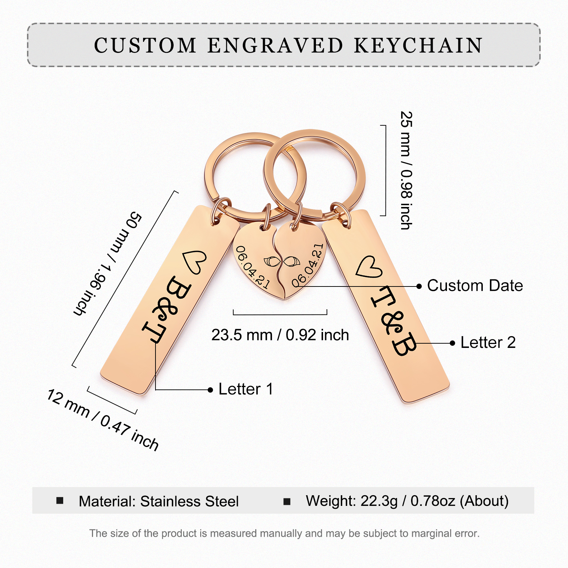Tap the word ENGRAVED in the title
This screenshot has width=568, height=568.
click(275, 45)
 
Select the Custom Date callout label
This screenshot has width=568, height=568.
click(475, 285)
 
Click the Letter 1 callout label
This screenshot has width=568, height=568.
click(246, 389)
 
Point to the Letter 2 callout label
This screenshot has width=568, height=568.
click(488, 343)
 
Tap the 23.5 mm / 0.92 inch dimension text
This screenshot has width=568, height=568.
click(280, 335)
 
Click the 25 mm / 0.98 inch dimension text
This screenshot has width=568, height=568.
click(406, 170)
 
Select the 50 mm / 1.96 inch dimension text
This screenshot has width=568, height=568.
click(108, 263)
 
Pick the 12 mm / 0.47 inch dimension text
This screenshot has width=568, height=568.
click(103, 420)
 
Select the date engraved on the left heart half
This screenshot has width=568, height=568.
click(252, 267)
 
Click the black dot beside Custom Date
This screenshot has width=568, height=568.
click(419, 286)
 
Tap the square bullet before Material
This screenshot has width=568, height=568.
click(60, 501)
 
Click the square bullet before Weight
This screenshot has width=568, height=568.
click(287, 501)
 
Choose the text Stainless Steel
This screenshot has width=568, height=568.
click(189, 501)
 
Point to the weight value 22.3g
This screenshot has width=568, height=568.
click(379, 501)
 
